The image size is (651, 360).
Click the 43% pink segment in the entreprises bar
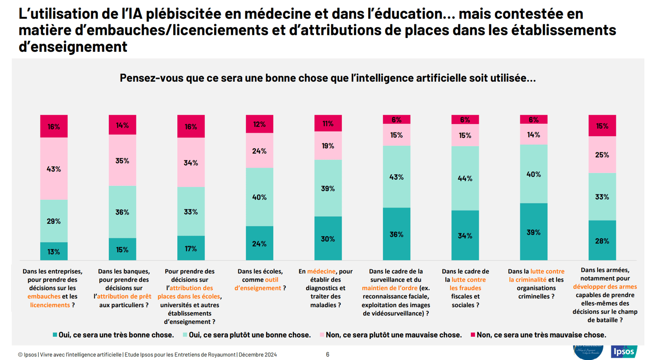click(x=54, y=169)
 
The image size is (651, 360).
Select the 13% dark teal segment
click(x=54, y=251)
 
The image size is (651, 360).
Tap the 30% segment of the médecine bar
click(x=328, y=238)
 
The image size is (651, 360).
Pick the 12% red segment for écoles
click(x=259, y=124)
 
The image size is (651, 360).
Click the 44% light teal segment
click(x=465, y=178)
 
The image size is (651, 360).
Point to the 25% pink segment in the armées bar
click(x=602, y=155)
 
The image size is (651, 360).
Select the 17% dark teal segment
click(x=191, y=248)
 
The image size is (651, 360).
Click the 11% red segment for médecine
click(x=328, y=123)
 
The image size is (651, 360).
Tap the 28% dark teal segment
click(x=602, y=240)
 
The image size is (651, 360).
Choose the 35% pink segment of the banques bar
click(x=122, y=160)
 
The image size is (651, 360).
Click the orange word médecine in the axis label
click(x=321, y=271)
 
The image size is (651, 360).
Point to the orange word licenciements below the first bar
click(x=50, y=305)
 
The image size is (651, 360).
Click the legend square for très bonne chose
click(x=55, y=335)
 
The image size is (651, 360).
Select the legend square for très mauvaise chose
click(x=472, y=335)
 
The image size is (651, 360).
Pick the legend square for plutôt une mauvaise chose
click(x=322, y=335)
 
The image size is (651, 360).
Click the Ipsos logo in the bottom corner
click(x=623, y=352)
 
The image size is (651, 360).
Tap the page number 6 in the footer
click(x=328, y=354)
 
